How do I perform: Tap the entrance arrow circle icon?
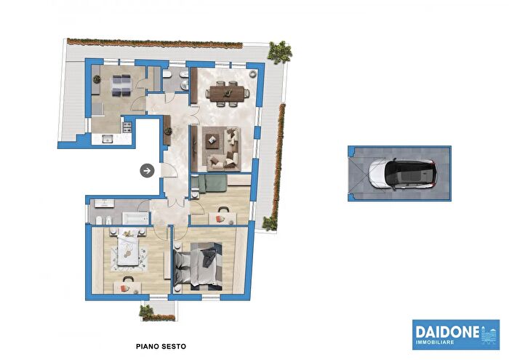coord(147,171)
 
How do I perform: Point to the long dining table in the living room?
coord(224,92)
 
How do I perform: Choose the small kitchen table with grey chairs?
coord(120,85)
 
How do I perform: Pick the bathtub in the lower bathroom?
coord(137,218)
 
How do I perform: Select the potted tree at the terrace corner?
coord(279,52)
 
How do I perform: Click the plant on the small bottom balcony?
coord(148,311)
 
